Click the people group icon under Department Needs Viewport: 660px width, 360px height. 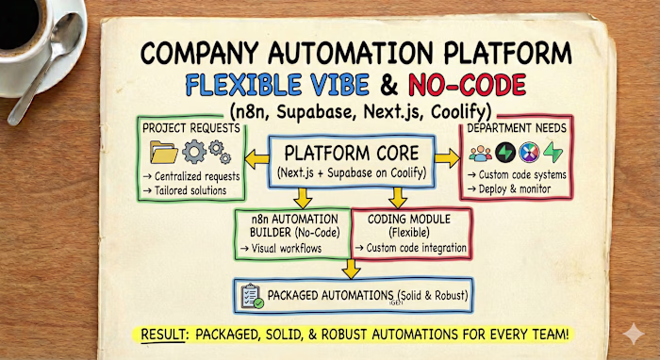pos(482,153)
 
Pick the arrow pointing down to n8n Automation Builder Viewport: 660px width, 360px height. pos(304,196)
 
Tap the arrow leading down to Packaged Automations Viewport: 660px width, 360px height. pos(352,270)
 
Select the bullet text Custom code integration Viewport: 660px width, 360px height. pos(415,248)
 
